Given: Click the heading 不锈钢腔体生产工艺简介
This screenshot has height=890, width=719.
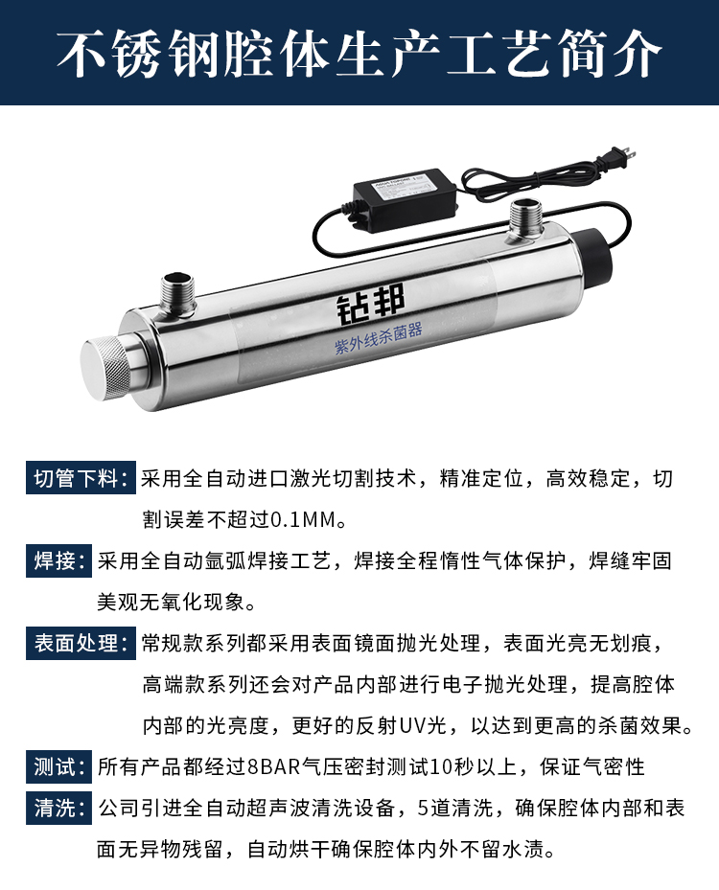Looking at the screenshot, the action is click(359, 54).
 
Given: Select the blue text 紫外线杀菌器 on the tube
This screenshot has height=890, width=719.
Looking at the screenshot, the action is click(379, 338).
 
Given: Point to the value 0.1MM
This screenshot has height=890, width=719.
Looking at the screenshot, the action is click(303, 520).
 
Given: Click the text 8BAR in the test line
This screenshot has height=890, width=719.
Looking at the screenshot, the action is click(274, 767).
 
